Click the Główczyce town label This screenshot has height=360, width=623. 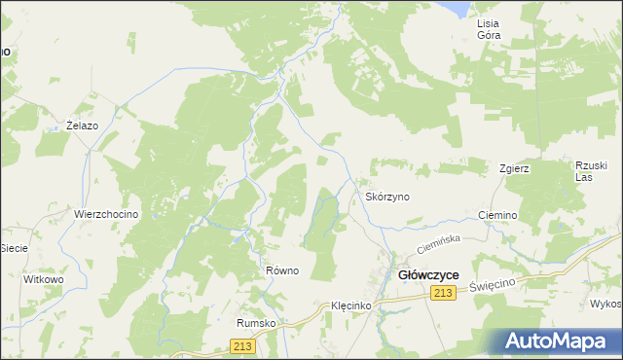pyautogui.click(x=429, y=275)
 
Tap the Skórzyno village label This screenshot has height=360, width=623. pyautogui.click(x=387, y=197)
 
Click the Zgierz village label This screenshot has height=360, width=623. pyautogui.click(x=514, y=168)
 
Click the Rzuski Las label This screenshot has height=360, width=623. pyautogui.click(x=591, y=170)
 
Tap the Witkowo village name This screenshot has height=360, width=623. pyautogui.click(x=43, y=278)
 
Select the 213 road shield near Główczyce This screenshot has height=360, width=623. pyautogui.click(x=446, y=294)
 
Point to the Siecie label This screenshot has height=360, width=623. pyautogui.click(x=13, y=247)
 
